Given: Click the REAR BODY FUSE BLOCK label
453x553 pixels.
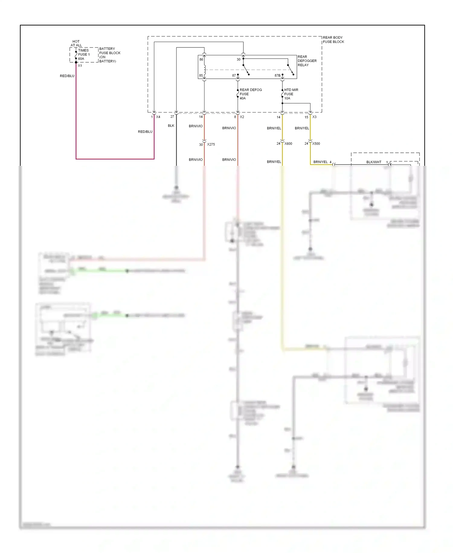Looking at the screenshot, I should (333, 40).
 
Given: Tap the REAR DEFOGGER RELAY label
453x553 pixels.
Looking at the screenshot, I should (307, 61).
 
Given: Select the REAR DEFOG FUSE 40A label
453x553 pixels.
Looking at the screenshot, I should (250, 94).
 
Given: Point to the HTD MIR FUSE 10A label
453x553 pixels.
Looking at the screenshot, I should (291, 94).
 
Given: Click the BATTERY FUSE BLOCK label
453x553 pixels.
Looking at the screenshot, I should (110, 55).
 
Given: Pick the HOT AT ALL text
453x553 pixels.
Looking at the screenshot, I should (76, 43).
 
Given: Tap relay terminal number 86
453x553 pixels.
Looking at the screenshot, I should (201, 60).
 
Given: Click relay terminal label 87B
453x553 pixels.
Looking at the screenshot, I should (277, 76).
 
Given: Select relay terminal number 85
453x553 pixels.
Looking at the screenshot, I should (201, 76).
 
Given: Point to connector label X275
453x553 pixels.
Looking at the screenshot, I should (211, 145).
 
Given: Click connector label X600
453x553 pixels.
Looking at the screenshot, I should (288, 144).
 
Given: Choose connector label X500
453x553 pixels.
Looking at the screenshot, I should (316, 144).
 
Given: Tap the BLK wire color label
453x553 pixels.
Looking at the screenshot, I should (171, 126).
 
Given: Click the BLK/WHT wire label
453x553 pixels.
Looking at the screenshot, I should (374, 162).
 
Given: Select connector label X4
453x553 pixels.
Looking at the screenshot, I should (158, 117).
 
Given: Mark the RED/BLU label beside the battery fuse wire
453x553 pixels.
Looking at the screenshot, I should (67, 76).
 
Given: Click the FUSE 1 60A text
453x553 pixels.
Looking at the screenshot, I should (84, 55).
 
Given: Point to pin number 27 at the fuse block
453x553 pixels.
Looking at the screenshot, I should (172, 117).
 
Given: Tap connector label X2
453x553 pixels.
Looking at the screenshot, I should (242, 117).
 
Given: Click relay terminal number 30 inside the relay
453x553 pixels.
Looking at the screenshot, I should (238, 60).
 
